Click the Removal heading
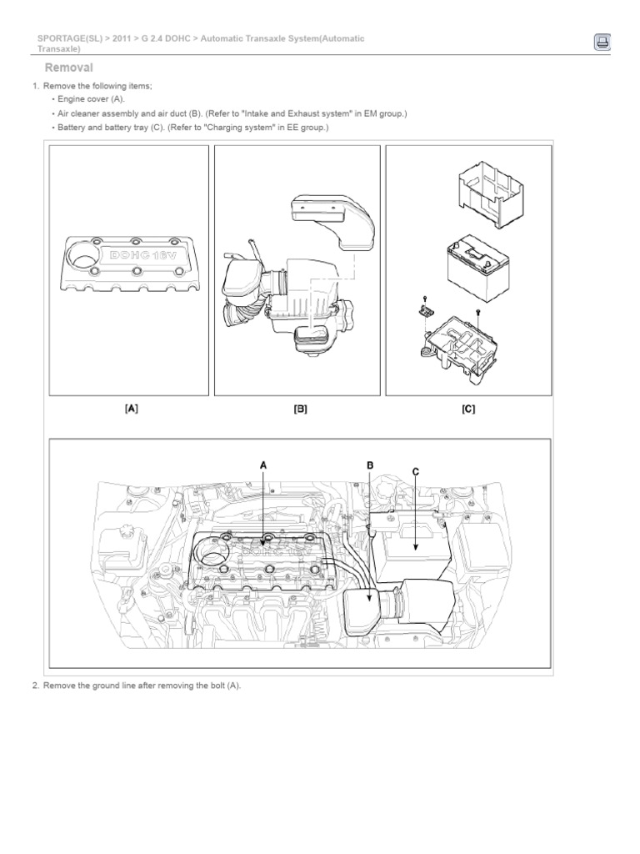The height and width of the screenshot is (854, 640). click(x=68, y=68)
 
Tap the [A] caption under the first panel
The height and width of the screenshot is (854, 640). click(x=131, y=409)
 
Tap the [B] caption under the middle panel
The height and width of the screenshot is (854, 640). click(x=300, y=409)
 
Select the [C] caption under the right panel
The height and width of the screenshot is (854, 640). click(x=468, y=409)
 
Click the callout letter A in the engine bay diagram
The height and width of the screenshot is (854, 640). click(x=264, y=465)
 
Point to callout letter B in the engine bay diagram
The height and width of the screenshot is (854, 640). click(x=370, y=465)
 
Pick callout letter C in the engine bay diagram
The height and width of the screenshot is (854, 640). click(x=415, y=472)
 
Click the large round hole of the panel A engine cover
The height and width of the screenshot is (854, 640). click(x=83, y=257)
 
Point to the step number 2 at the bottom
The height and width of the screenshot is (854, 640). click(x=35, y=686)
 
